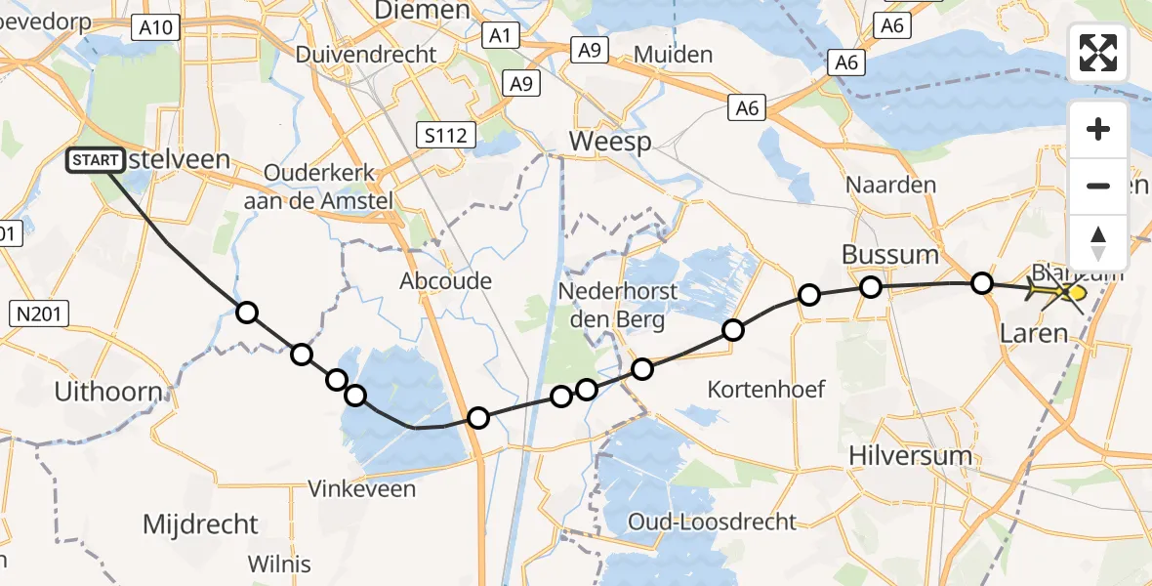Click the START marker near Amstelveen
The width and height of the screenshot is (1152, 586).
click(x=96, y=160)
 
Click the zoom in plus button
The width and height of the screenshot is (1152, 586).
click(x=1098, y=129)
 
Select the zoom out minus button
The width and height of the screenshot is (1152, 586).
click(x=1098, y=186)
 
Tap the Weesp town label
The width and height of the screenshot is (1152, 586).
click(x=610, y=142)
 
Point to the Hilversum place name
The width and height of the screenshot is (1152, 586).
click(x=910, y=455)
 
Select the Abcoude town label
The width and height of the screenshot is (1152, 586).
click(x=445, y=281)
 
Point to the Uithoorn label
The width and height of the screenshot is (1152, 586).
click(x=107, y=393)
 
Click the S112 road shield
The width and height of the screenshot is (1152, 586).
click(x=444, y=136)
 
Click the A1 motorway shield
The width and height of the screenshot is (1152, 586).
click(x=500, y=35)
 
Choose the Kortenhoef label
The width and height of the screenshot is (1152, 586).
click(x=767, y=390)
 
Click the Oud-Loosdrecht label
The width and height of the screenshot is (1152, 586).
click(x=712, y=522)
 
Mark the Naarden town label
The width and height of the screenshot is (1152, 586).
click(x=890, y=185)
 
